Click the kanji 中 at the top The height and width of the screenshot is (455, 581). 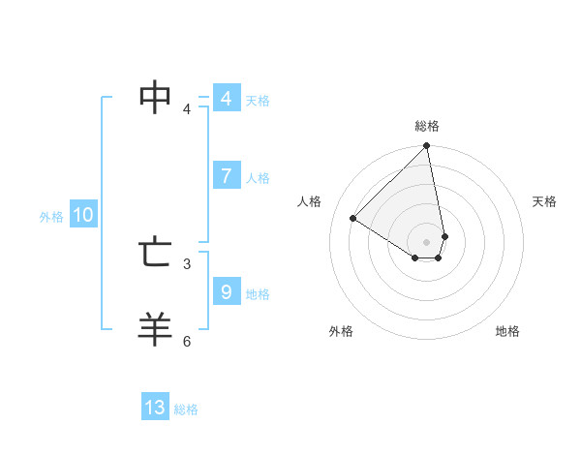click(156, 97)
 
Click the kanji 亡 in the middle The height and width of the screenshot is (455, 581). click(156, 254)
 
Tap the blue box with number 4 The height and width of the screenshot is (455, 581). click(226, 99)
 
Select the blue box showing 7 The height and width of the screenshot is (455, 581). click(226, 176)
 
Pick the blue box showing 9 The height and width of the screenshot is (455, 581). click(226, 290)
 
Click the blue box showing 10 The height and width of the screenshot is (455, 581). click(83, 216)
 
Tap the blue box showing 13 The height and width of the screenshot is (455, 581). click(155, 408)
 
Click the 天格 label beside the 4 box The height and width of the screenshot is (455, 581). click(258, 101)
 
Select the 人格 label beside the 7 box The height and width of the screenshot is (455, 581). click(258, 178)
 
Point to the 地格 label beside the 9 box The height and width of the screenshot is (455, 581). click(258, 294)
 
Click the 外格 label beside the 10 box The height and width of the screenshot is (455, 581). click(51, 218)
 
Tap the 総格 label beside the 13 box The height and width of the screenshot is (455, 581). click(186, 409)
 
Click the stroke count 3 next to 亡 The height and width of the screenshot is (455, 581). click(187, 263)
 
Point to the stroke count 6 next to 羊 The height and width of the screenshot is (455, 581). click(187, 341)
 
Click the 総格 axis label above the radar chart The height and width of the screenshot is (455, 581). click(427, 126)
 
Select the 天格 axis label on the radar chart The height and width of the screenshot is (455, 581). click(545, 201)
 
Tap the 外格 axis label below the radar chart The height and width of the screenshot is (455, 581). click(341, 331)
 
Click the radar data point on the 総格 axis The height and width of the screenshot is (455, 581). click(427, 147)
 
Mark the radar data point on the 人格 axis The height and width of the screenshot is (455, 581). click(353, 218)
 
